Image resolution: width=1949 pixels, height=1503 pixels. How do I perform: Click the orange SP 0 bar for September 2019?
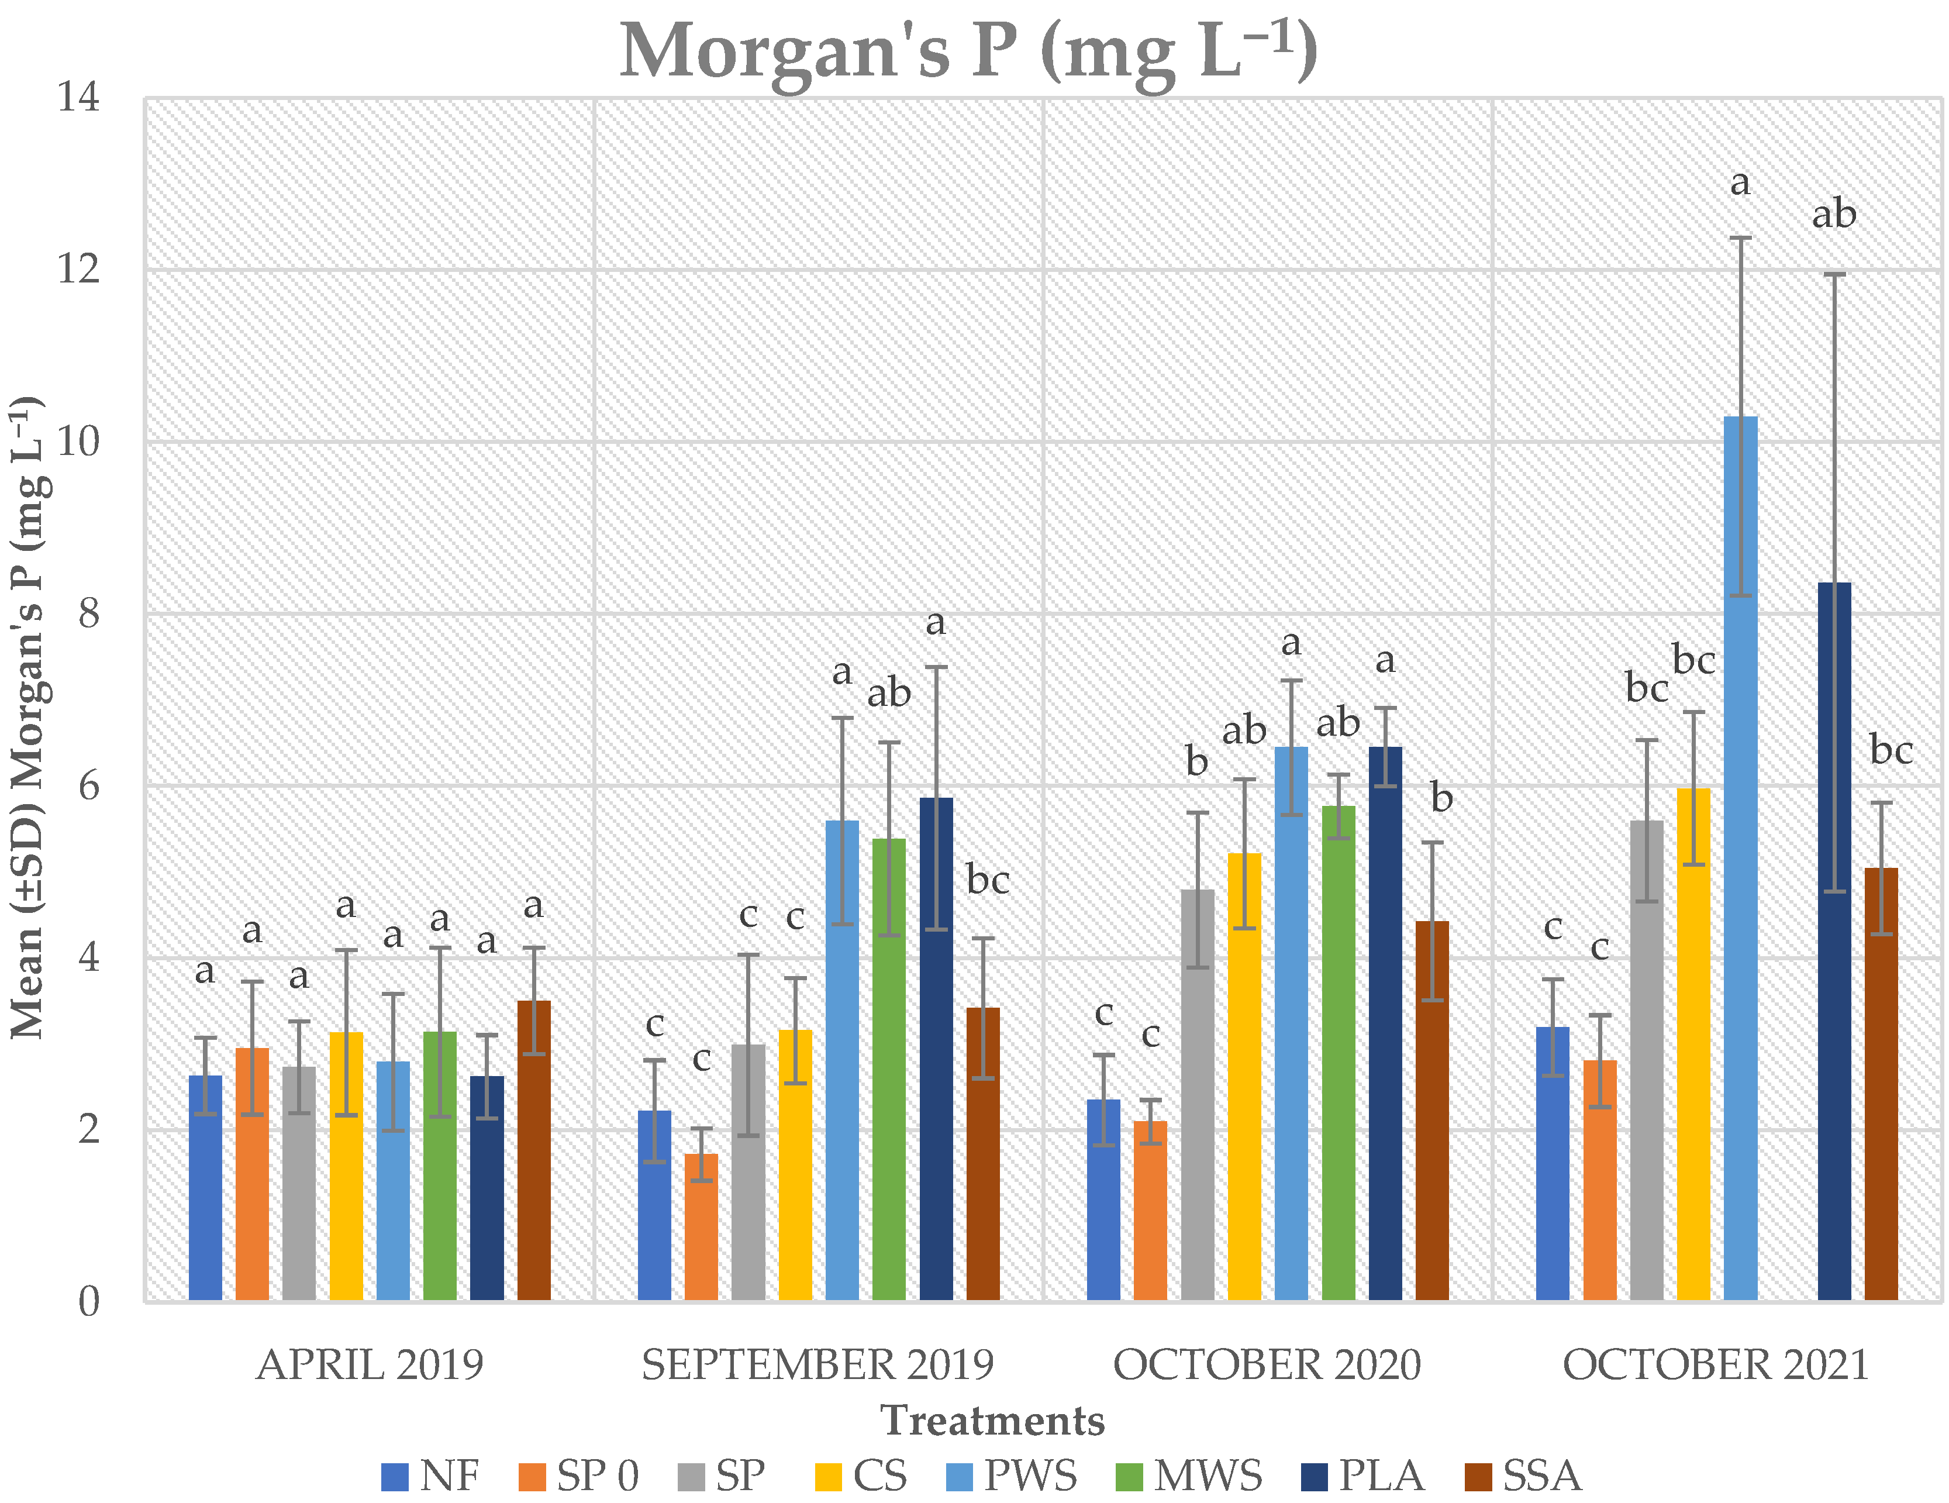point(702,1227)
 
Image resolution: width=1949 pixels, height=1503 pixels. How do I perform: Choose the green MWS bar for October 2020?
point(1338,1053)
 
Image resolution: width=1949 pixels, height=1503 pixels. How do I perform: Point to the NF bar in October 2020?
point(1104,1201)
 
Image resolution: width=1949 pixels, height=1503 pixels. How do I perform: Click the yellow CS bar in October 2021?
point(1694,1044)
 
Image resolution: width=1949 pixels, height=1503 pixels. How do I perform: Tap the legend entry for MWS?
point(1189,1476)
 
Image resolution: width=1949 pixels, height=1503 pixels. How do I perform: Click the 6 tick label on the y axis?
point(88,785)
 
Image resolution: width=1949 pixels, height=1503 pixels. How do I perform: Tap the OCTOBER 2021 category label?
point(1715,1366)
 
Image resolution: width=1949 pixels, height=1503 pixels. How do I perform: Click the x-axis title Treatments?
point(992,1421)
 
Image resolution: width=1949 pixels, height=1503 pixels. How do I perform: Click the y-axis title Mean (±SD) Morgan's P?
point(29,719)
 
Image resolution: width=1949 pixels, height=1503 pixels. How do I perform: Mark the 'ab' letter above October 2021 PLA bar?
point(1834,215)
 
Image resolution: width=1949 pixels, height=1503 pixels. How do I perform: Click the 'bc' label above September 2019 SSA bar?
point(988,881)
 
